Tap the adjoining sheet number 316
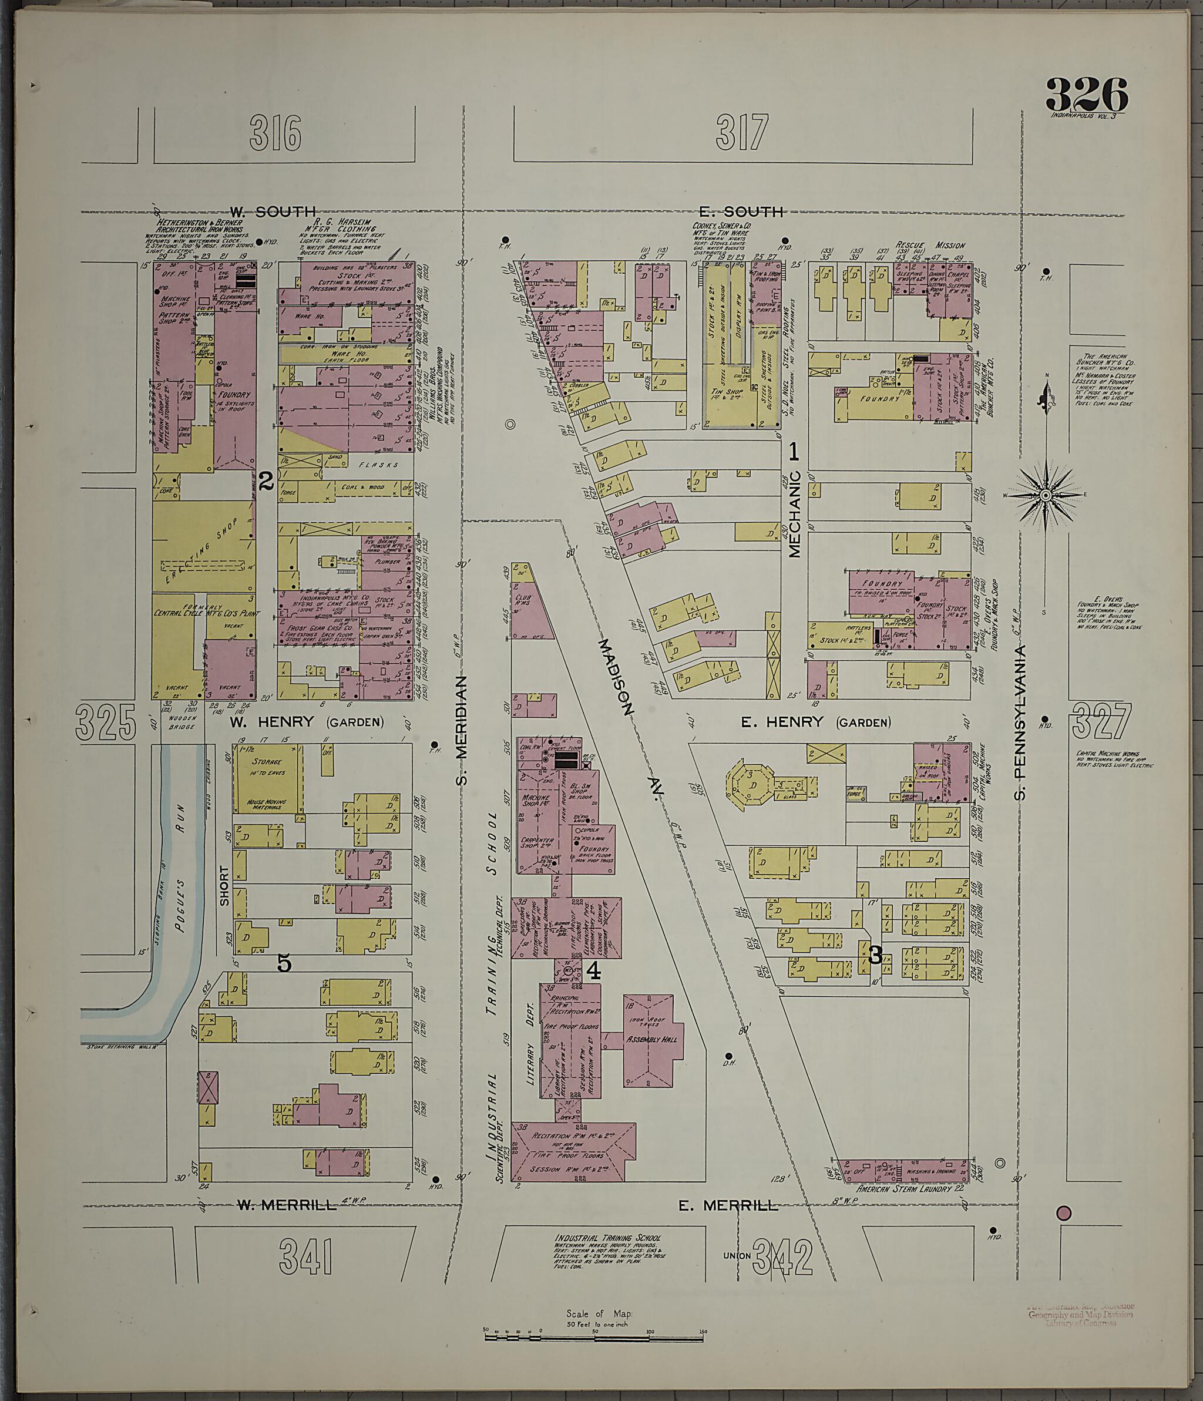(274, 133)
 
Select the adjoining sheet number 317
(742, 131)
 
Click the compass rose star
(1045, 496)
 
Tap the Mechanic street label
(794, 513)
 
